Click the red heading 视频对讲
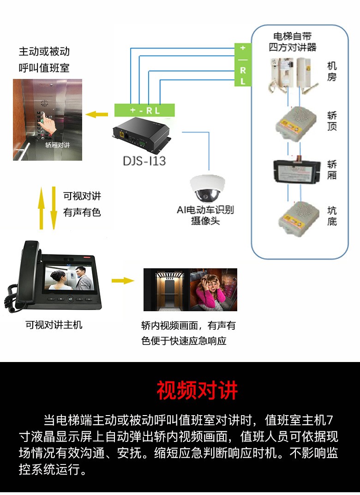tap(197, 390)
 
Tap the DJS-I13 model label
tap(144, 161)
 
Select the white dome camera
tap(207, 188)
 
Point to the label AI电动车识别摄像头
tap(205, 215)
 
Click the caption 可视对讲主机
tap(54, 325)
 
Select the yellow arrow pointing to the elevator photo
tap(97, 114)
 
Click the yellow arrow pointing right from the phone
tap(123, 280)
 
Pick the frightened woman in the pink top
tap(210, 292)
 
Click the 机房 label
tap(332, 72)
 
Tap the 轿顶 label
tap(332, 121)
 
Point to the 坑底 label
tap(332, 216)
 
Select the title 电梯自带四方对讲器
tap(293, 42)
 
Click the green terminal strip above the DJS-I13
tap(144, 110)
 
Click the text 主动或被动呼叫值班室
tap(44, 60)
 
